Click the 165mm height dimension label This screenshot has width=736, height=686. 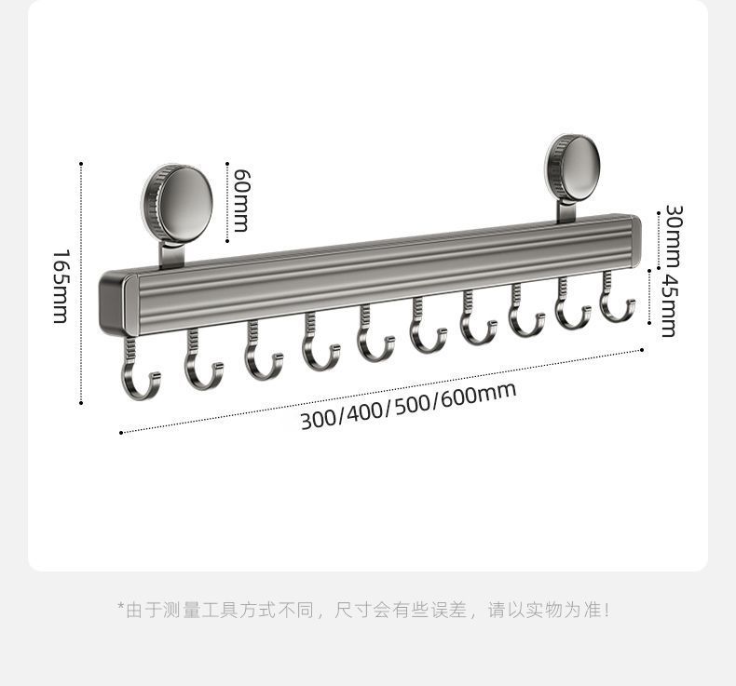click(60, 286)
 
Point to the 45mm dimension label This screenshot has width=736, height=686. click(668, 304)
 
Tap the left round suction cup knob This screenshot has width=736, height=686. click(178, 201)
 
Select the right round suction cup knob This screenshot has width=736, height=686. click(573, 167)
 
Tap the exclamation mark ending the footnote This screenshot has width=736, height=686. click(607, 611)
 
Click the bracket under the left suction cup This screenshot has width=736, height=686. click(173, 253)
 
